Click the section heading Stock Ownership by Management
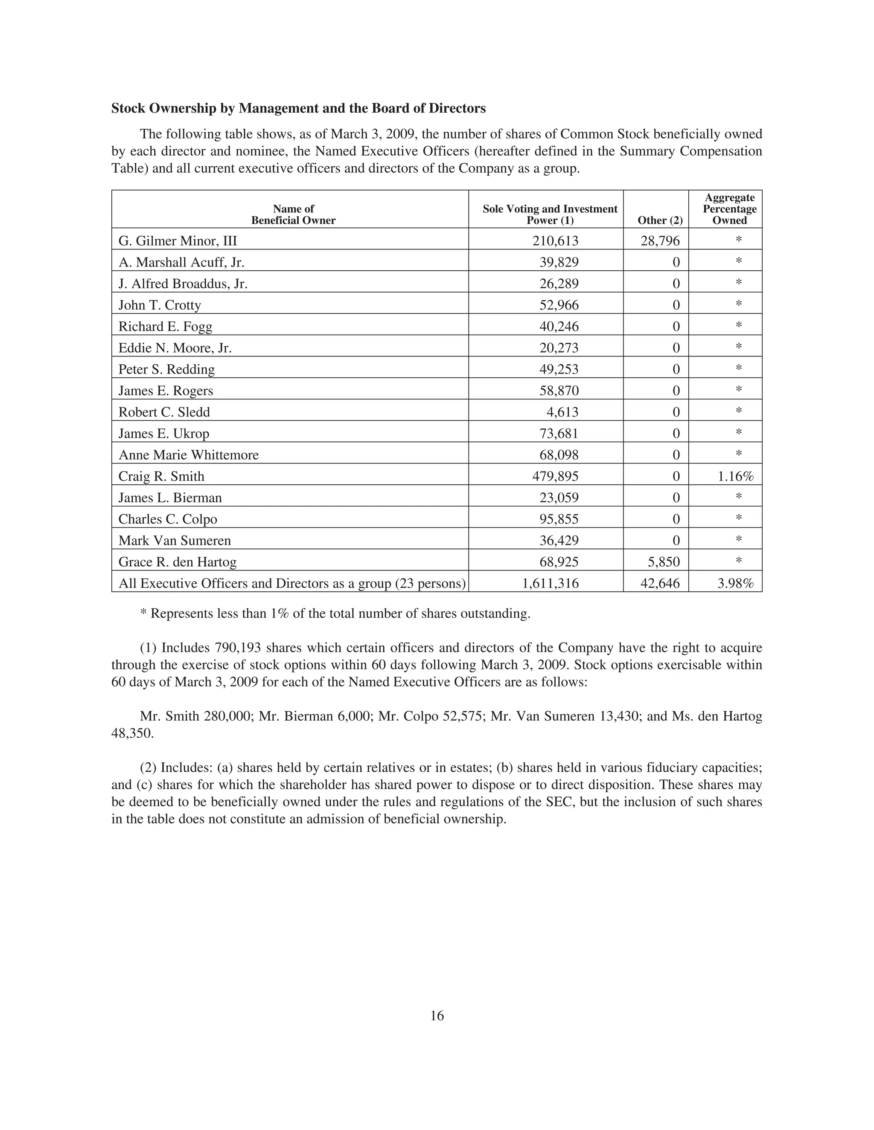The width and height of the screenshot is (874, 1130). pos(298,108)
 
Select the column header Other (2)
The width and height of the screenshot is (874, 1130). pos(660,220)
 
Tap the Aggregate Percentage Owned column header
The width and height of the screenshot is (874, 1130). pos(729,209)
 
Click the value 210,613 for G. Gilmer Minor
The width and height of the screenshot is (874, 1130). pos(555,240)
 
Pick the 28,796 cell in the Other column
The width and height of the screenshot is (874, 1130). pos(660,240)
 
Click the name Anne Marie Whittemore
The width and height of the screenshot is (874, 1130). pos(189,455)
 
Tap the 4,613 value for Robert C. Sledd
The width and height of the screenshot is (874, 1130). pos(562,412)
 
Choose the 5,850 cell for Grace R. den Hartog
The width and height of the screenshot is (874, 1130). pos(663,562)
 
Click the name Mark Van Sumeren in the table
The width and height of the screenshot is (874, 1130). pos(175,541)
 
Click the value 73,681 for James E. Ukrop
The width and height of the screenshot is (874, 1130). pos(559,434)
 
